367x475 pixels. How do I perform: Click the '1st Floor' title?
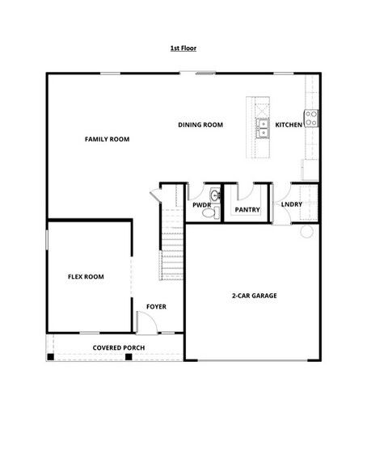pyautogui.click(x=183, y=48)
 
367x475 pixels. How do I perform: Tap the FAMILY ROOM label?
pyautogui.click(x=107, y=139)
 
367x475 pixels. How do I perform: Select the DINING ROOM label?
pyautogui.click(x=200, y=124)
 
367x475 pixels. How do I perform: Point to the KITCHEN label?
pyautogui.click(x=289, y=124)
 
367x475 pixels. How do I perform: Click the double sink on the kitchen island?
pyautogui.click(x=263, y=127)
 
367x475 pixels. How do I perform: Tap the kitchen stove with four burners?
pyautogui.click(x=310, y=119)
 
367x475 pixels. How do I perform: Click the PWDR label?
pyautogui.click(x=201, y=205)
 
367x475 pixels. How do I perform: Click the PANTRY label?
pyautogui.click(x=247, y=209)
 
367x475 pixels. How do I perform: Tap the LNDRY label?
pyautogui.click(x=292, y=204)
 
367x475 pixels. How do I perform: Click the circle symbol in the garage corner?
pyautogui.click(x=306, y=232)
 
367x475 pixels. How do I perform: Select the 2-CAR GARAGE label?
pyautogui.click(x=254, y=296)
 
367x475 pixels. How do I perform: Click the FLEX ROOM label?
pyautogui.click(x=85, y=277)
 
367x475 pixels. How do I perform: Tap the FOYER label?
pyautogui.click(x=156, y=307)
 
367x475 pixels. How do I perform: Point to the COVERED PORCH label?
pyautogui.click(x=119, y=348)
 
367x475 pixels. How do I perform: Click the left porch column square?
pyautogui.click(x=51, y=356)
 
